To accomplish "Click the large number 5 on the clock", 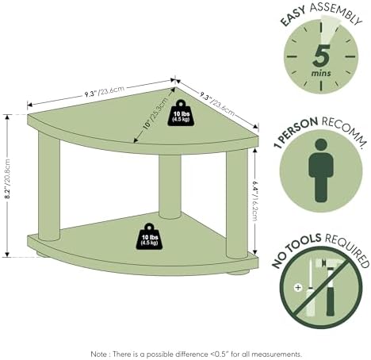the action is (x=321, y=56).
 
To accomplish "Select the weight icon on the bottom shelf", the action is (x=149, y=236).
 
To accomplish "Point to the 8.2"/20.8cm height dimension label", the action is (x=8, y=179).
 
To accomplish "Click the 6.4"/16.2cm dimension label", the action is (x=255, y=201).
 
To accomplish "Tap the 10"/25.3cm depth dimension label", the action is (x=155, y=113).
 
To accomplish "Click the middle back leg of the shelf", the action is (x=170, y=186).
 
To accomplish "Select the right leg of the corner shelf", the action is (x=237, y=204).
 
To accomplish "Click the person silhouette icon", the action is (x=321, y=170).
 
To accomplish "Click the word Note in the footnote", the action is (x=99, y=354).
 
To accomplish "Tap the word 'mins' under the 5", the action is (x=321, y=73).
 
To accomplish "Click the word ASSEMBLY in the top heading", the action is (x=336, y=13).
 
